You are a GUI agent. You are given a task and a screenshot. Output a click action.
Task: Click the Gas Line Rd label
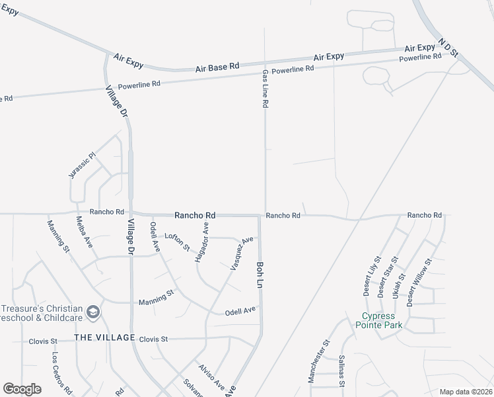265,89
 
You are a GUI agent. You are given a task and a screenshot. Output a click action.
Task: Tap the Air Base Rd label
217,67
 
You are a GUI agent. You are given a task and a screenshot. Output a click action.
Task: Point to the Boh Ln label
259,273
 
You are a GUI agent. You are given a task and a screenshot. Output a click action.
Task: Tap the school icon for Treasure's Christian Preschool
94,312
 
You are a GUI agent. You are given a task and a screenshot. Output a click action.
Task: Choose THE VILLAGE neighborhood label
104,337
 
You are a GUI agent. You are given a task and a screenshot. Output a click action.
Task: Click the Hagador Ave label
201,242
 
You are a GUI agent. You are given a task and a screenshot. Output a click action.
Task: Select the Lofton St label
177,242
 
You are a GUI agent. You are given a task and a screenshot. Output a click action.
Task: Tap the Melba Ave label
84,232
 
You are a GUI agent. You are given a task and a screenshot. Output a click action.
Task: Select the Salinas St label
342,371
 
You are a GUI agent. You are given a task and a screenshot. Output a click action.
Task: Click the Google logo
22,389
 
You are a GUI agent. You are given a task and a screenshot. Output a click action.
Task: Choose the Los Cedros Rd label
63,371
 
